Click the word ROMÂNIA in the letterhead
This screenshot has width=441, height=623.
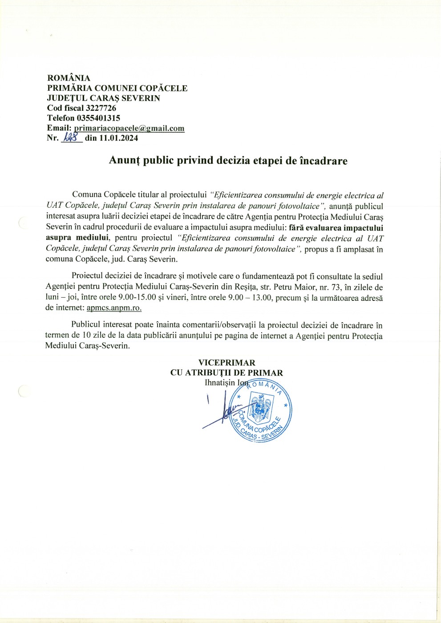click(x=69, y=78)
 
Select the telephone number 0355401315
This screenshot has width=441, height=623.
click(x=98, y=118)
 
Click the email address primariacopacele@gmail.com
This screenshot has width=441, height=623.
click(x=129, y=128)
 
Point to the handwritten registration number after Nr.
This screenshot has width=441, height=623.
click(x=71, y=138)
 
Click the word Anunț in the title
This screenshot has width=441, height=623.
click(x=124, y=161)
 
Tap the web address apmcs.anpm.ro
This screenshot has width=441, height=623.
click(x=114, y=307)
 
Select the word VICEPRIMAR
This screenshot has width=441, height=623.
click(x=227, y=363)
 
